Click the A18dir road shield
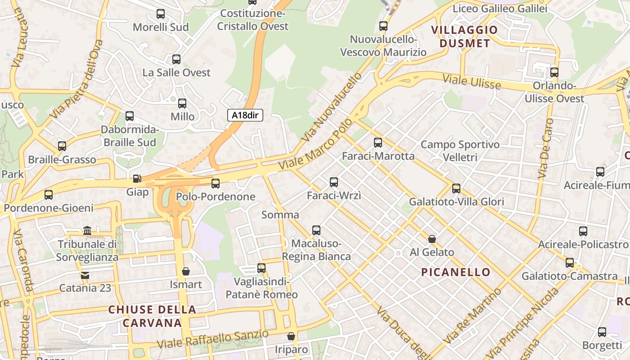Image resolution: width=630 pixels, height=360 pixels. tap(245, 115)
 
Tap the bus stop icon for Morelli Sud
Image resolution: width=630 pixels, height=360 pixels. tap(161, 14)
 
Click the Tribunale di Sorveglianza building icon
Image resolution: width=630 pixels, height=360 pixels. tap(87, 231)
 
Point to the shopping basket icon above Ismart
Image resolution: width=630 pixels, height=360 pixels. tap(185, 271)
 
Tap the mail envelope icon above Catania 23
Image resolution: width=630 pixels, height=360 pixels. tap(85, 275)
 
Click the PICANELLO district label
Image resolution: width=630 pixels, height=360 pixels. tap(456, 272)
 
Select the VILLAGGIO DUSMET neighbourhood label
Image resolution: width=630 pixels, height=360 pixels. tap(465, 37)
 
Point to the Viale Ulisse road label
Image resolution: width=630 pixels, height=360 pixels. tap(472, 81)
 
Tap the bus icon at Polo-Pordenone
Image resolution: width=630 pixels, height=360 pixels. tap(216, 183)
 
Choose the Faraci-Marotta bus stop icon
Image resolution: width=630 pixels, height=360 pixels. tap(378, 143)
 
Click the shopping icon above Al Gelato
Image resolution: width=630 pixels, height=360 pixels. tap(432, 239)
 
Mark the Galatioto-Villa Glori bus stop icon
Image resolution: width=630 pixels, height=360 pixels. tap(456, 189)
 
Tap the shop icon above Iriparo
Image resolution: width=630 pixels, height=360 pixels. tap(291, 336)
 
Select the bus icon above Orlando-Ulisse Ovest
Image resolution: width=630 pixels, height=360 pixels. tap(554, 72)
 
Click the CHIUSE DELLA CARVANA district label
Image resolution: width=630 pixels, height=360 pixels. tap(152, 316)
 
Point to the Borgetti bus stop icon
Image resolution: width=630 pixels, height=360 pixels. tap(602, 332)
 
